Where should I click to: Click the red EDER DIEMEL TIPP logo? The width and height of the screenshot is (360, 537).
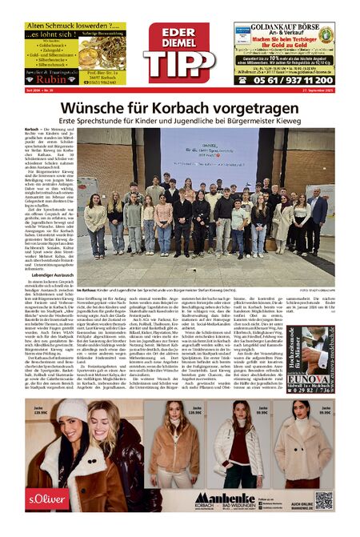(179, 52)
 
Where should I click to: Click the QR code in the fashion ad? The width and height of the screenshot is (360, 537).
(323, 499)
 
